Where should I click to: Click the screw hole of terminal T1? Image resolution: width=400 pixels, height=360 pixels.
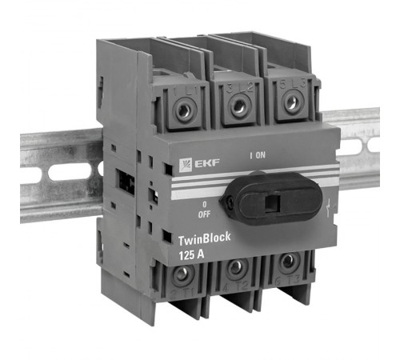pyautogui.click(x=183, y=274)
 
